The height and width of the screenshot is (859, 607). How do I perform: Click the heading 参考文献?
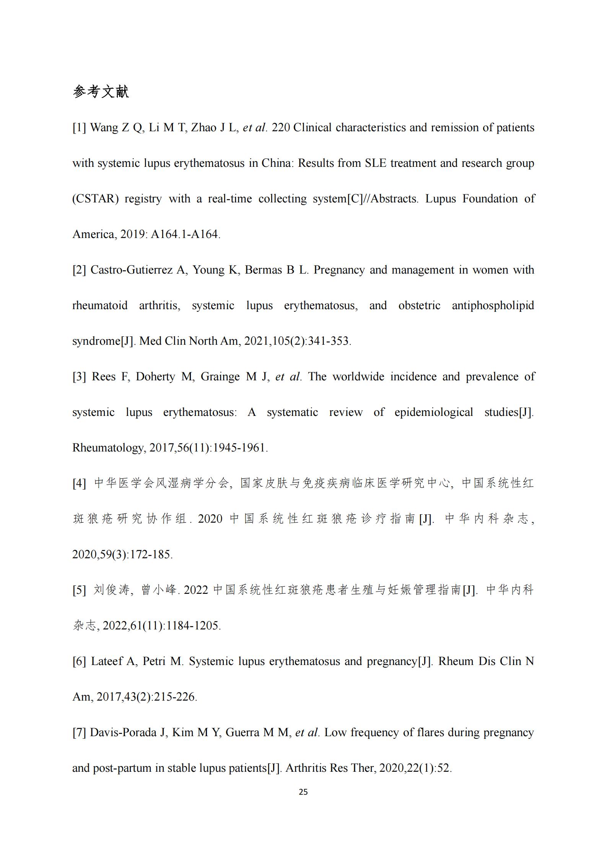tap(101, 92)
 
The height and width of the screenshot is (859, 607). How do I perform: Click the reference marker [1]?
tap(79, 128)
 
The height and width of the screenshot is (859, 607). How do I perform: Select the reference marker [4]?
tap(79, 484)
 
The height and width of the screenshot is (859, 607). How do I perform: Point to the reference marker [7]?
tap(79, 733)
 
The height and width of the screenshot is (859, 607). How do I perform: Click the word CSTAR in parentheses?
tap(96, 199)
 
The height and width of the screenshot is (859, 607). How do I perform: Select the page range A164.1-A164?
tap(185, 235)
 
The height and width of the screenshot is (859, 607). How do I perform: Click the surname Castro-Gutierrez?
tap(131, 270)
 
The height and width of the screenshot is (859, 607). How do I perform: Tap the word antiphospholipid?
tap(493, 306)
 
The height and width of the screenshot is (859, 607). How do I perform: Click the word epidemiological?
tap(434, 412)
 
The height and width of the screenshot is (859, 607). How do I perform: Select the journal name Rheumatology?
tap(108, 448)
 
